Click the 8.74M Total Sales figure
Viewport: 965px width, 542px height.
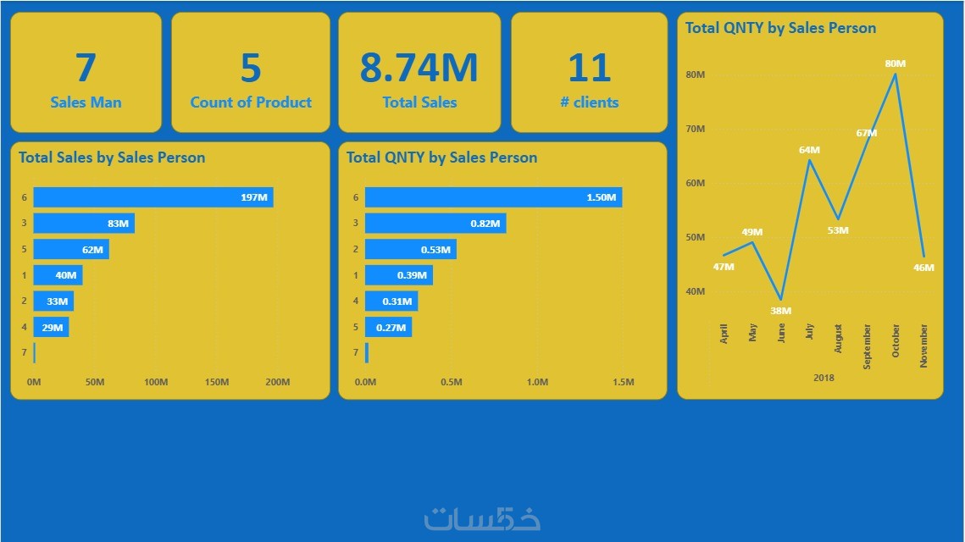[419, 69]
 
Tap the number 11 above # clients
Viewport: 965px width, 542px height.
[589, 69]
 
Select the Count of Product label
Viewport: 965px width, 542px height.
[251, 102]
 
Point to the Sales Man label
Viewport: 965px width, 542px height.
[86, 102]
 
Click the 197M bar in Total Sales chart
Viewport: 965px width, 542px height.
[153, 197]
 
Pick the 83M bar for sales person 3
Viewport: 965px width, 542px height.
[83, 224]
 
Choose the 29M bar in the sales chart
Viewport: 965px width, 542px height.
[51, 327]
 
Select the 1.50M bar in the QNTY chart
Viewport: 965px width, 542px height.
[493, 197]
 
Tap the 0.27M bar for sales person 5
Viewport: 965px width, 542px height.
[388, 327]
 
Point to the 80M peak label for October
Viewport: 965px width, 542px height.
[895, 64]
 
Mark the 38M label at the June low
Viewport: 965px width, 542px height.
[780, 311]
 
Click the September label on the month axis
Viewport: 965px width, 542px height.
[867, 346]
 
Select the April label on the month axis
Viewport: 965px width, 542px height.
[724, 334]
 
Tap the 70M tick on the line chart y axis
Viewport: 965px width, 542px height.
[695, 130]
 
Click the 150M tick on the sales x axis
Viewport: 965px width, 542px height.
[217, 382]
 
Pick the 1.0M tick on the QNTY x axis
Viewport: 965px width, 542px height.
[537, 382]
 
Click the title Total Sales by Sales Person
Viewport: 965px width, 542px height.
[112, 158]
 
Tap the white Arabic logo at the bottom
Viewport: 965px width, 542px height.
[482, 517]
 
